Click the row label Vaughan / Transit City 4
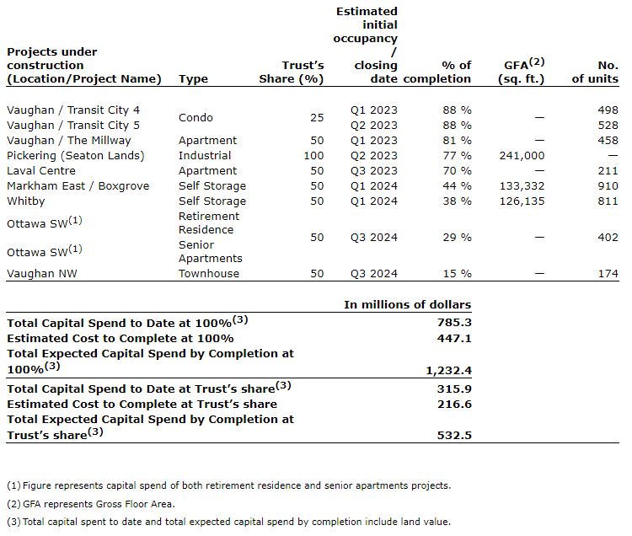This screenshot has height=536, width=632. [x=73, y=110]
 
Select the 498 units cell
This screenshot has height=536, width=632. [x=607, y=110]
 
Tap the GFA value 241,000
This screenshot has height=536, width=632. [x=522, y=155]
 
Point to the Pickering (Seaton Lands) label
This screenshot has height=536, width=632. [x=76, y=155]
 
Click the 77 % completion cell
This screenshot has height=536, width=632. [x=457, y=155]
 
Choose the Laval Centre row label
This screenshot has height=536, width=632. [x=43, y=170]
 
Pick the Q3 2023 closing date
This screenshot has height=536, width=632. [x=373, y=170]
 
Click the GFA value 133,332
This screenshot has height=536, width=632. [x=522, y=185]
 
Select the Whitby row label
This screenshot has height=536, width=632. [x=26, y=201]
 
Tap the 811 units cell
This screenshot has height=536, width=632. [x=607, y=201]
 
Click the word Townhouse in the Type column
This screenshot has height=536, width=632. [x=209, y=273]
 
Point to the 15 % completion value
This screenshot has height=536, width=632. [x=457, y=273]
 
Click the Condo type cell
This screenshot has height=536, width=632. [x=195, y=117]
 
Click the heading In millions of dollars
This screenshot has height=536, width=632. [x=407, y=304]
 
